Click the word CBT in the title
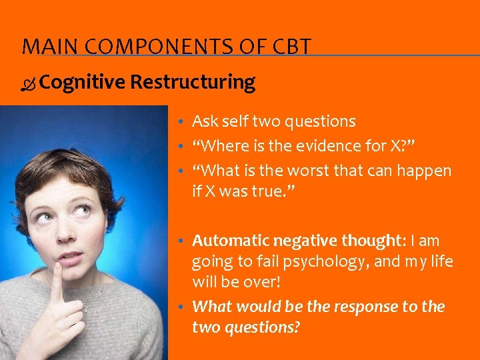click(x=292, y=47)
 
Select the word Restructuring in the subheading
click(x=193, y=82)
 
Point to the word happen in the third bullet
click(x=426, y=171)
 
